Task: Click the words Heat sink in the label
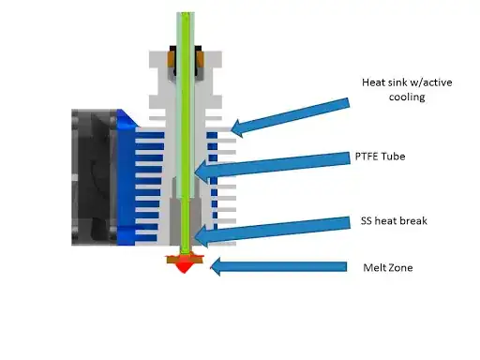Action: pyautogui.click(x=382, y=82)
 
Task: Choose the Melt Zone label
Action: pyautogui.click(x=386, y=266)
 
